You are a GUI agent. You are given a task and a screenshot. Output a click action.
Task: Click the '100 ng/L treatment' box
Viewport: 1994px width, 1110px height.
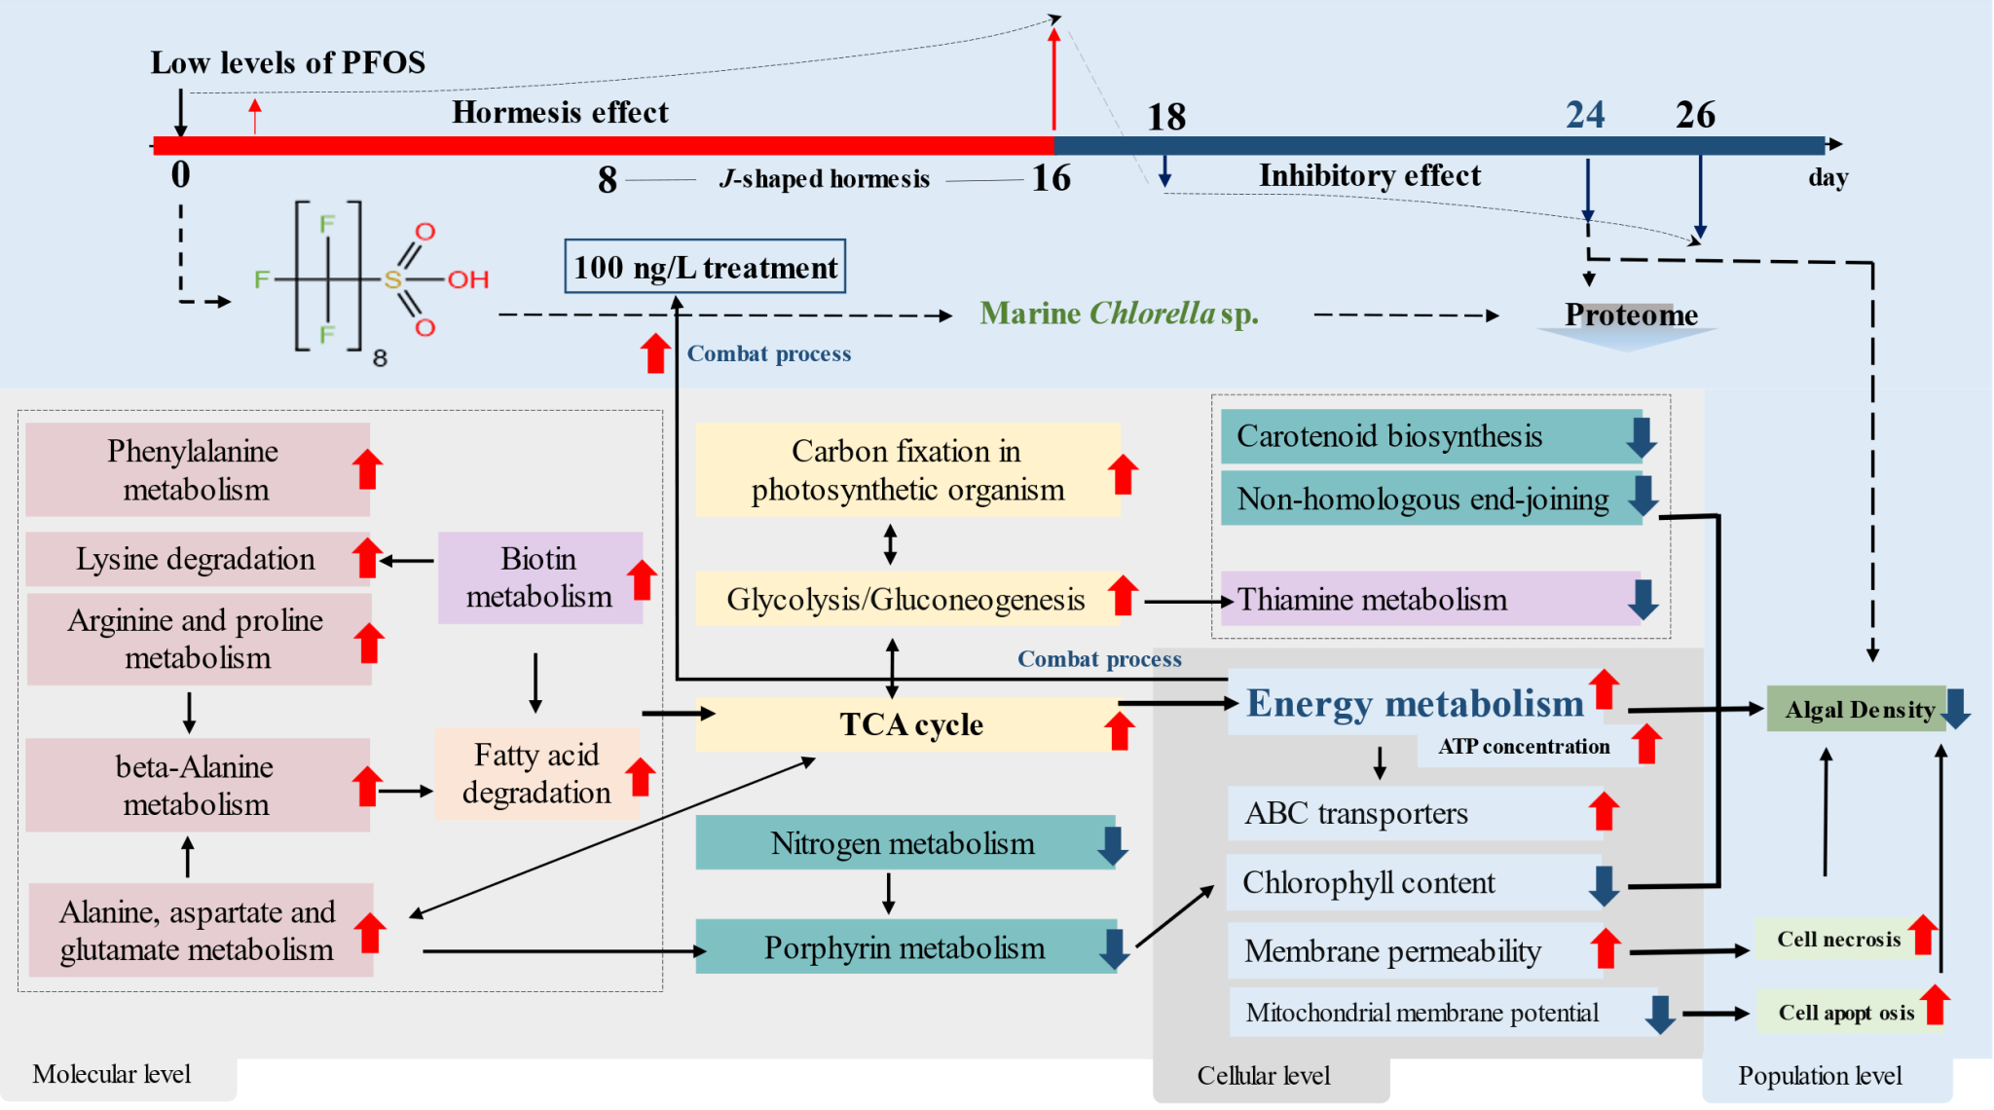[x=705, y=267]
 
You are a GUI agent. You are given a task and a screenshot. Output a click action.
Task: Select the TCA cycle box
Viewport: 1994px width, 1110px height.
[x=910, y=724]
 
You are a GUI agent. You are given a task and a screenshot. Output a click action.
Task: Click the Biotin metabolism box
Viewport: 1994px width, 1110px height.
[x=539, y=577]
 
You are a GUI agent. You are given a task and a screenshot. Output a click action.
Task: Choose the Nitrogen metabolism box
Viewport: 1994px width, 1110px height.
[x=904, y=843]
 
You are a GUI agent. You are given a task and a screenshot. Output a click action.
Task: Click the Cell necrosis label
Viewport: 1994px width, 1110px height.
[x=1838, y=939]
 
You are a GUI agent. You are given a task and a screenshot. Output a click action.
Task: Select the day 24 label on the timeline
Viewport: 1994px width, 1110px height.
[x=1585, y=115]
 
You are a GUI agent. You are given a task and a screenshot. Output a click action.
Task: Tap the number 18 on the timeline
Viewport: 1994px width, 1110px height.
[x=1166, y=118]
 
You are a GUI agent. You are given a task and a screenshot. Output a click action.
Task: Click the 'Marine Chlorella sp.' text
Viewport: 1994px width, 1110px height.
[x=1119, y=314]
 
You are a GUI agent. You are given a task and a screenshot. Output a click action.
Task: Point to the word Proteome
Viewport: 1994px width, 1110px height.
[x=1631, y=314]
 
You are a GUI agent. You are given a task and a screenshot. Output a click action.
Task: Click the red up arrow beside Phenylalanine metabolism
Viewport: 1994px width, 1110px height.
[x=367, y=469]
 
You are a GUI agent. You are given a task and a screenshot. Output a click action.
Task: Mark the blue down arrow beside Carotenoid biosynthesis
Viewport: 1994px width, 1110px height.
[x=1641, y=437]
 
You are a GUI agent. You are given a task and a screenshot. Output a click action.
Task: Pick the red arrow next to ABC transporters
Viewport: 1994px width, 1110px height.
[x=1604, y=811]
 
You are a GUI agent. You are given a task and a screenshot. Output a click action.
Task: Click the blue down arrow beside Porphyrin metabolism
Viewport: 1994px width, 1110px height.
[x=1113, y=949]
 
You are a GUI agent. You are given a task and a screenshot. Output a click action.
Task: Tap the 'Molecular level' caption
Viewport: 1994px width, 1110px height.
[x=112, y=1074]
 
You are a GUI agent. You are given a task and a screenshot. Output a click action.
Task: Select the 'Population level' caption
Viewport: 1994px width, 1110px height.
[x=1820, y=1076]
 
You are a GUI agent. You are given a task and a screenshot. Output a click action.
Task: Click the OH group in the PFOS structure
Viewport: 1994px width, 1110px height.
[x=468, y=280]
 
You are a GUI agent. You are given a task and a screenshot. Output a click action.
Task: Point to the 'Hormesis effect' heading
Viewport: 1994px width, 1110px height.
[x=560, y=113]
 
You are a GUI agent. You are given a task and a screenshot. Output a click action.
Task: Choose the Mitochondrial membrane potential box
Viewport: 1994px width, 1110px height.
[x=1422, y=1013]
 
